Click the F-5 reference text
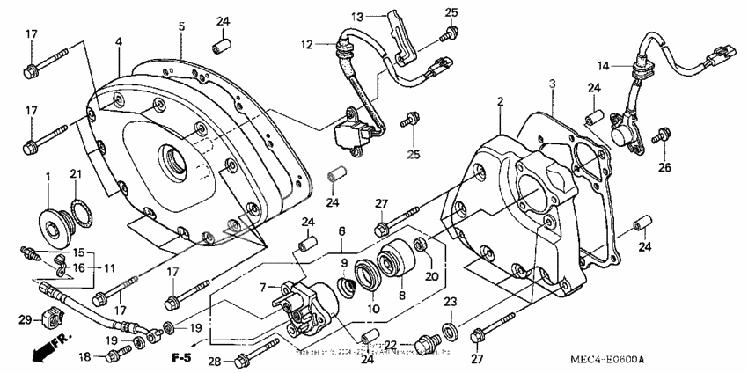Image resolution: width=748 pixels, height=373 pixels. pyautogui.click(x=181, y=358)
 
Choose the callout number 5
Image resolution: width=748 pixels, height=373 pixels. pyautogui.click(x=181, y=26)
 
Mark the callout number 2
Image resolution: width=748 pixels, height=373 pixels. pyautogui.click(x=499, y=103)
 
